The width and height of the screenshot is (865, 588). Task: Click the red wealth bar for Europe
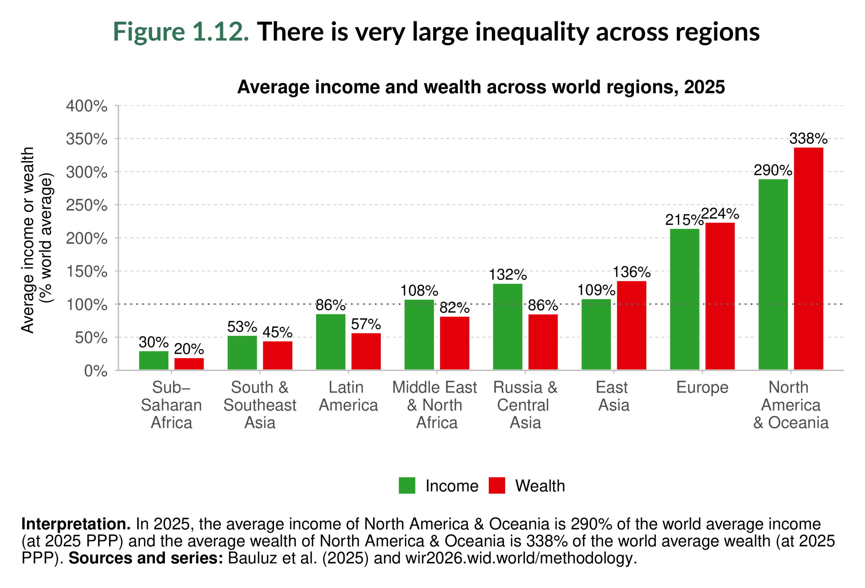coord(719,296)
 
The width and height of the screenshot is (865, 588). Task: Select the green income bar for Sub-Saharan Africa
coord(153,360)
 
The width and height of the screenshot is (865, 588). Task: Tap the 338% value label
coord(808,139)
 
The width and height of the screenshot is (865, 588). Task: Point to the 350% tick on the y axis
coord(86,139)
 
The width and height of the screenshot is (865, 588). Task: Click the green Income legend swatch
coord(406,485)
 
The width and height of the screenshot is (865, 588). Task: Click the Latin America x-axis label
coord(348,396)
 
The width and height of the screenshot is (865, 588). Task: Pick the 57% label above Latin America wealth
coord(366,324)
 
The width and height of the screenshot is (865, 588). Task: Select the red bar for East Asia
coord(631,325)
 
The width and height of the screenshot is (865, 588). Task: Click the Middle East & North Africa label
coord(435,405)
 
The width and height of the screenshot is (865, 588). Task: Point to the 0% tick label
coord(95,371)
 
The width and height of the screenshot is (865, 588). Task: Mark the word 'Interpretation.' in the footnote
coord(76,524)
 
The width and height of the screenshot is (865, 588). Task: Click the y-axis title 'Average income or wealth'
coord(28,240)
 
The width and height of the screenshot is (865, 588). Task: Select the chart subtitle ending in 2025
coord(481,87)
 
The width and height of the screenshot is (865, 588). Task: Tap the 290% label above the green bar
coord(773,170)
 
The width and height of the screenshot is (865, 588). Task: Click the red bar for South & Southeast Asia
coord(277,356)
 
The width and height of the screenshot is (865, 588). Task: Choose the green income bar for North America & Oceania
coord(773,274)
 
